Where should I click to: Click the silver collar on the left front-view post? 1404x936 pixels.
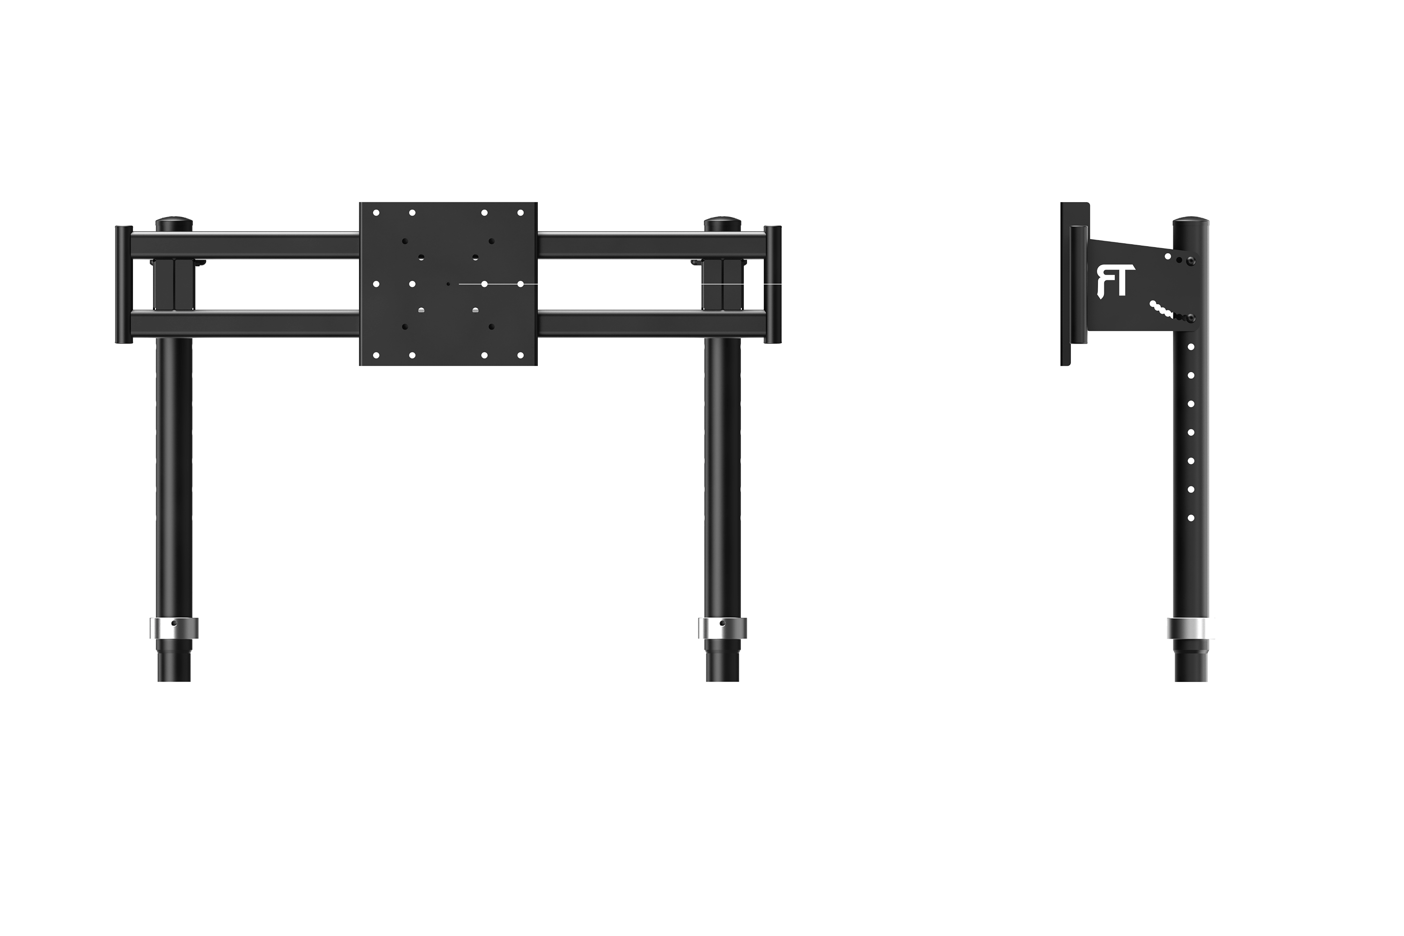tap(174, 628)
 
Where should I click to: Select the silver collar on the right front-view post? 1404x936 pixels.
tap(722, 628)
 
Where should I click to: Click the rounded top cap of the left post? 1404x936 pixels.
tap(174, 223)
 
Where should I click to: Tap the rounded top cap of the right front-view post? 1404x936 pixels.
tap(722, 223)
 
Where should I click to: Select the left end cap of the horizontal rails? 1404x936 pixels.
tap(124, 284)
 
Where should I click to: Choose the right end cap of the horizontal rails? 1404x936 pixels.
tap(773, 284)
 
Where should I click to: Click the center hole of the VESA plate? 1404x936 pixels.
tap(448, 284)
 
